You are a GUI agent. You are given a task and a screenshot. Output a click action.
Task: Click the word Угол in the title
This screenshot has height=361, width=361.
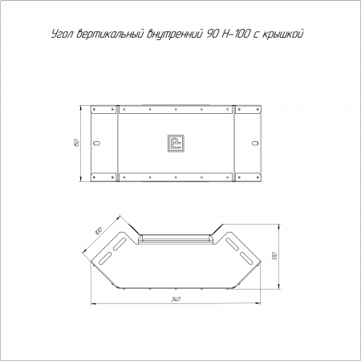[62, 34]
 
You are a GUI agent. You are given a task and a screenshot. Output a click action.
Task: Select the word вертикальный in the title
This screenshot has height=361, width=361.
[110, 34]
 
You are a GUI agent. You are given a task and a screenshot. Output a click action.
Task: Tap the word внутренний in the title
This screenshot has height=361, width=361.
[175, 34]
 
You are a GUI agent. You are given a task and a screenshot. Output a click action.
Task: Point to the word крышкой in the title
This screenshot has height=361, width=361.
[283, 34]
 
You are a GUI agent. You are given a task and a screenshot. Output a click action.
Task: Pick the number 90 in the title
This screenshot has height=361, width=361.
[212, 34]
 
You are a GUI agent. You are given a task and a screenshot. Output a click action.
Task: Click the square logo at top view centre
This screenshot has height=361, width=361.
[176, 144]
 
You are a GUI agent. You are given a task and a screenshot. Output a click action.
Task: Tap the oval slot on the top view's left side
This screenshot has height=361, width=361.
[96, 143]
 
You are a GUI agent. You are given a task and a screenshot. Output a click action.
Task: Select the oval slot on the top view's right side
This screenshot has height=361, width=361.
[255, 143]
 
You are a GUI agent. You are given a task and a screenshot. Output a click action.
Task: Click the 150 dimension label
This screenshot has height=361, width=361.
[76, 143]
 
